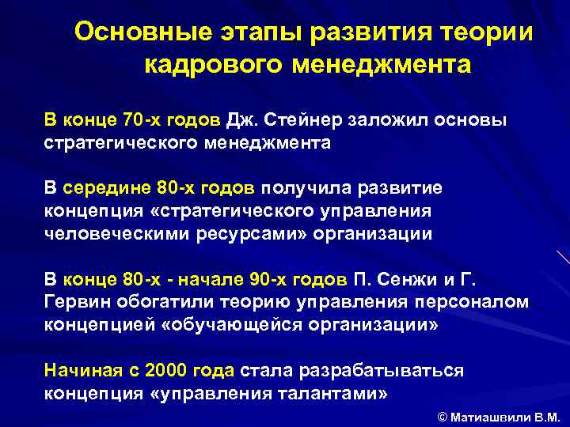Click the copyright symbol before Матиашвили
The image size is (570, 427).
[442, 416]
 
